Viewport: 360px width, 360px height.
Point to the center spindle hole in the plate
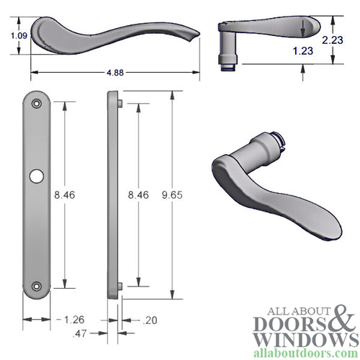pyautogui.click(x=37, y=176)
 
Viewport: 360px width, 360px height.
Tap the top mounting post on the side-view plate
pyautogui.click(x=120, y=104)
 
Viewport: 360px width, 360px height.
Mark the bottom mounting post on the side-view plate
pyautogui.click(x=120, y=287)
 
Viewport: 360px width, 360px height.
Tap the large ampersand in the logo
pyautogui.click(x=337, y=320)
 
